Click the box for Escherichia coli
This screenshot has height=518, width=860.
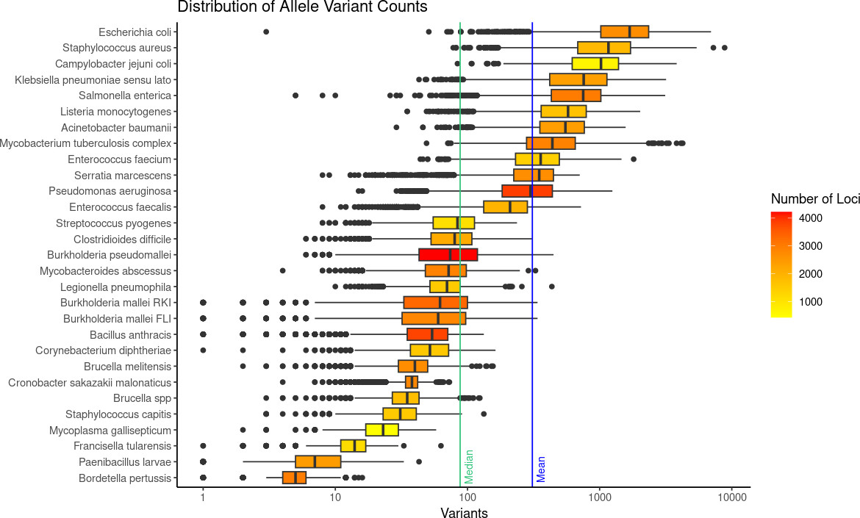click(x=624, y=32)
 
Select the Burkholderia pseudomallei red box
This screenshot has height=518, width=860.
click(x=448, y=255)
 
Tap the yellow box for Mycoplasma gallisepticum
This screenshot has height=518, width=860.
click(x=381, y=430)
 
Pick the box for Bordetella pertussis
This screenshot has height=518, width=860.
click(x=294, y=478)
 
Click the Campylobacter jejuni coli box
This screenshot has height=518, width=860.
click(x=595, y=63)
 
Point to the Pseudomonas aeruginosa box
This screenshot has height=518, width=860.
click(x=527, y=191)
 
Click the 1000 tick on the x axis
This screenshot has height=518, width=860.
click(x=600, y=497)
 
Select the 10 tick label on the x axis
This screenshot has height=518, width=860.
click(x=335, y=497)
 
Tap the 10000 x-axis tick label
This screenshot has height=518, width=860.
click(x=731, y=497)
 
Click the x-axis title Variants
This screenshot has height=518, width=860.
click(x=464, y=513)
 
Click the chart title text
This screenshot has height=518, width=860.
click(x=302, y=8)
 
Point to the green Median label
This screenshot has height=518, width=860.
click(x=469, y=467)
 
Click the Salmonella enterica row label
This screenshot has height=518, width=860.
click(x=125, y=96)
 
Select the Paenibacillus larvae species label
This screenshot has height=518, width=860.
click(x=125, y=462)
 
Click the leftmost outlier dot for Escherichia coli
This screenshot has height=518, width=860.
click(x=266, y=32)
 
